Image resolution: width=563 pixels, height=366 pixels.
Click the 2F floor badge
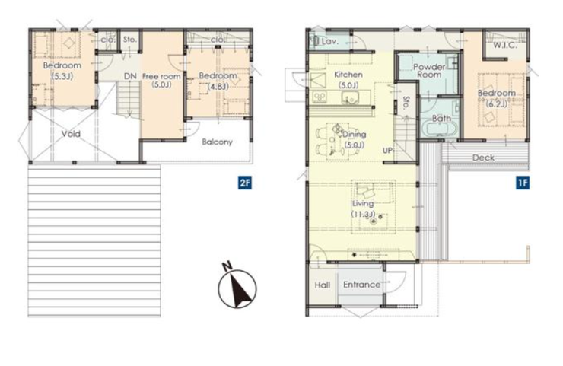pyautogui.click(x=244, y=183)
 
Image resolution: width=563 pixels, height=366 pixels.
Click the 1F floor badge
pyautogui.click(x=523, y=183)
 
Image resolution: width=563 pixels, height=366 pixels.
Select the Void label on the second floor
pyautogui.click(x=71, y=134)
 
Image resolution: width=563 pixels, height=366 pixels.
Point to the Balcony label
pyautogui.click(x=217, y=142)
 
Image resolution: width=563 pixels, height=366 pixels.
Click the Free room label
pyautogui.click(x=161, y=81)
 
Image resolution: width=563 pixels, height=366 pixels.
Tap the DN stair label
pyautogui.click(x=130, y=76)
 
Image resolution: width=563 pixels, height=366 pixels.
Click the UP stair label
pyautogui.click(x=388, y=151)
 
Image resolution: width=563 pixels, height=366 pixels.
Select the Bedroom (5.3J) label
pyautogui.click(x=62, y=71)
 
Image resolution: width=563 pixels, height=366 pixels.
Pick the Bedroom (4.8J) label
pyautogui.click(x=218, y=81)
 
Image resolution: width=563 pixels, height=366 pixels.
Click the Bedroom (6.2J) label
pyautogui.click(x=497, y=98)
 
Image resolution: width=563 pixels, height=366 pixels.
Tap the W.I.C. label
pyautogui.click(x=505, y=45)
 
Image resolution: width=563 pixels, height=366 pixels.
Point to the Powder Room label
pyautogui.click(x=429, y=71)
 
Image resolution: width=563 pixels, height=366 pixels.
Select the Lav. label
pyautogui.click(x=330, y=41)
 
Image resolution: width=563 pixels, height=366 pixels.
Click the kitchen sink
pyautogui.click(x=348, y=97)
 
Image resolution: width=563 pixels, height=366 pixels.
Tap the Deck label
pyautogui.click(x=483, y=158)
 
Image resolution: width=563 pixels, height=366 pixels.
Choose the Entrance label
pyautogui.click(x=361, y=285)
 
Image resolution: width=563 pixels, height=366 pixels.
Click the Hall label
pyautogui.click(x=323, y=285)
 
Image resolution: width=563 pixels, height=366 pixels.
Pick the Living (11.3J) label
pyautogui.click(x=363, y=208)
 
